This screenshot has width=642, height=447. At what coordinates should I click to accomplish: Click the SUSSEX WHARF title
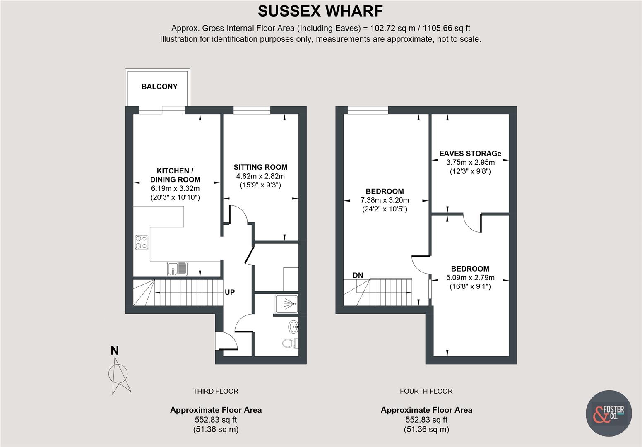(x=320, y=11)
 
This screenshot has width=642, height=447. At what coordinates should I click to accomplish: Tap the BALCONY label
(x=159, y=87)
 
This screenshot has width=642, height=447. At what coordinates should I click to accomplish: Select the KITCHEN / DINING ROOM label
(x=175, y=175)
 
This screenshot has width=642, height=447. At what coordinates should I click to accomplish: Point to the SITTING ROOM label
(x=260, y=167)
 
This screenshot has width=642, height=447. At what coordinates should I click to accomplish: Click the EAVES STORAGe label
(x=470, y=154)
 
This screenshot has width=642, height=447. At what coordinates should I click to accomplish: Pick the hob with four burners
(x=142, y=242)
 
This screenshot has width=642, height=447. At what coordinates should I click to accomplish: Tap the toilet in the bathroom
(x=290, y=343)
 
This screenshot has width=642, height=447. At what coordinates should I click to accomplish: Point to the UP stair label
(x=230, y=292)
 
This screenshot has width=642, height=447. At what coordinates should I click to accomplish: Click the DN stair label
(x=358, y=275)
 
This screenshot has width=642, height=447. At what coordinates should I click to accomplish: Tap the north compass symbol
(x=118, y=372)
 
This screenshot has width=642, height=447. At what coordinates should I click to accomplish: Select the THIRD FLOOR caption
(x=216, y=391)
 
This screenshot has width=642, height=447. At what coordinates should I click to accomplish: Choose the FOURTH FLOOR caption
(x=426, y=391)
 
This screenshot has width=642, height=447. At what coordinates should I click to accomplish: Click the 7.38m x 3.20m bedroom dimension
(x=385, y=200)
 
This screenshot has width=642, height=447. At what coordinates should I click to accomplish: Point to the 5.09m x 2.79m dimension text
(x=470, y=278)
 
